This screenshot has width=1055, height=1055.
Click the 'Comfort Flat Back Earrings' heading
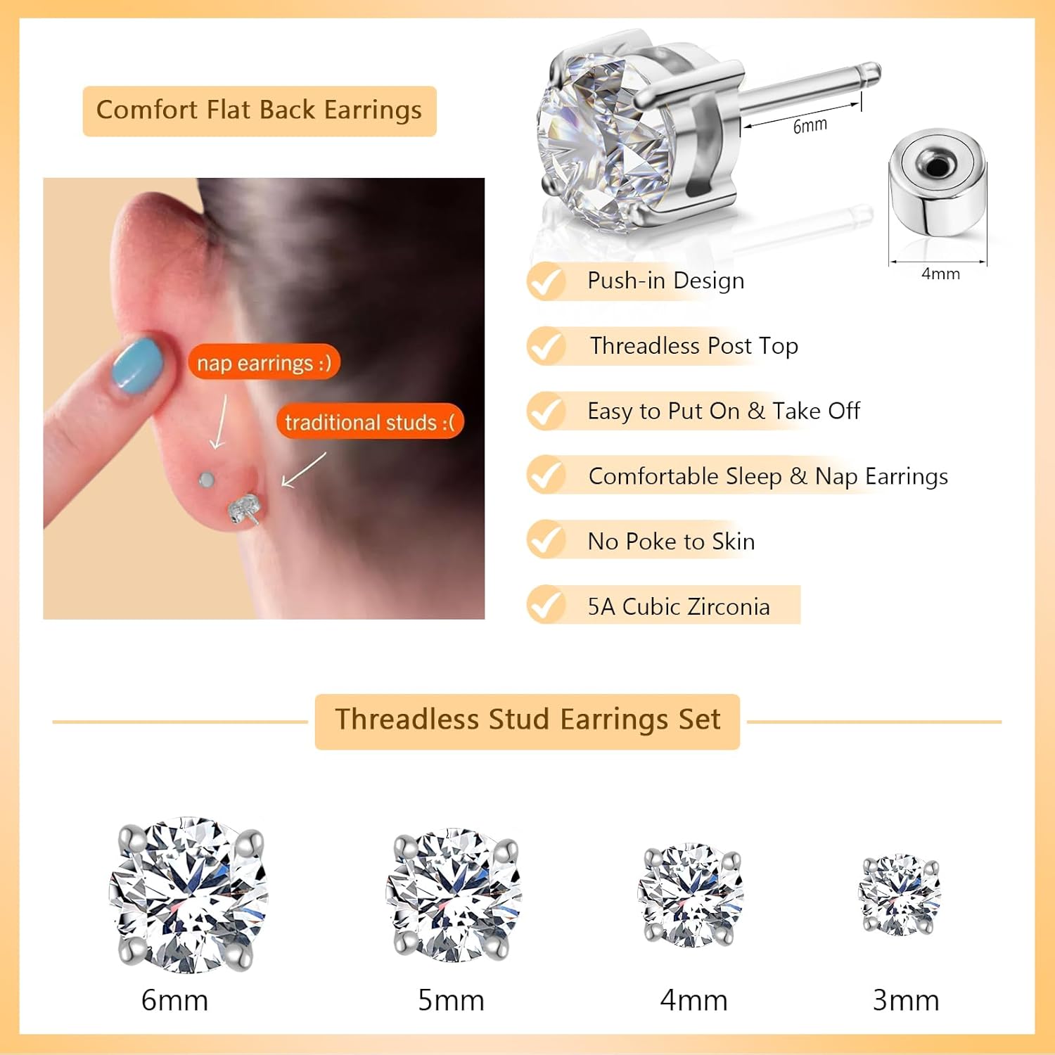pos(259,110)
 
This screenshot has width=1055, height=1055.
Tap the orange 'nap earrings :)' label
pos(264,363)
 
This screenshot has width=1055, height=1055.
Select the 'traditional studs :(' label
pos(370,422)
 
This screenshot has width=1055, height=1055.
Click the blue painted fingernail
pos(138,364)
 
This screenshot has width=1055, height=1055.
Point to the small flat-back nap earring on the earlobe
pos(206,480)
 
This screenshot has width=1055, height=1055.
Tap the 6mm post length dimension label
pos(810,126)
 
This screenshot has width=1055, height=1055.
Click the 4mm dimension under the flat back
pos(940,274)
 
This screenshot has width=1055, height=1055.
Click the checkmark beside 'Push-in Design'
pos(546,281)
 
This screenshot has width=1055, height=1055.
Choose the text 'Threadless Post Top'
pos(693,346)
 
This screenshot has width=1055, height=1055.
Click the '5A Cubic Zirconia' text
pos(679,606)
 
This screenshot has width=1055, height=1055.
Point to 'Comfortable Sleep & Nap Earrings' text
pos(768,476)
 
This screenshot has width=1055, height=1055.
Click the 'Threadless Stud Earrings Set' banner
pos(527,720)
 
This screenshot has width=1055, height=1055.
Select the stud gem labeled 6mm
pos(188,895)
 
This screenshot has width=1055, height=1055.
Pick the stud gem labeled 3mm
pos(900,895)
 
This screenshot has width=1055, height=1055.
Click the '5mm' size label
pos(451,1000)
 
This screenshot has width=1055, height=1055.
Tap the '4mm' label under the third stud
pos(693,1000)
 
